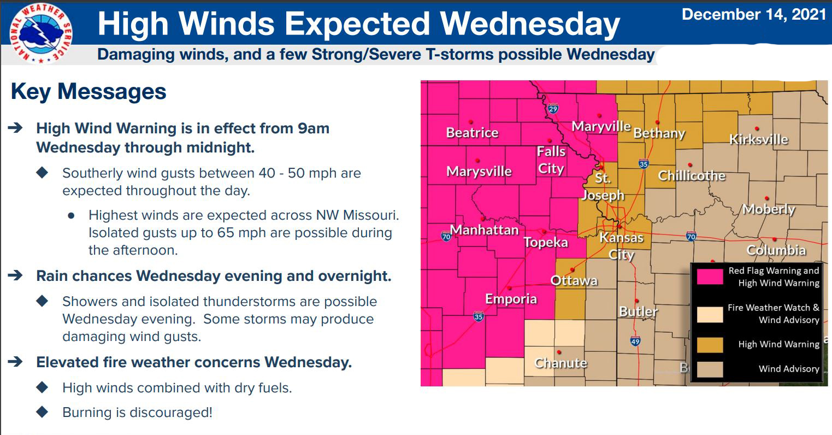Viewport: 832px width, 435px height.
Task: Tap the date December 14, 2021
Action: [753, 15]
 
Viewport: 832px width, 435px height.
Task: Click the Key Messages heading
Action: [88, 91]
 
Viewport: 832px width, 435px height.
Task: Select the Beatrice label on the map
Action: [472, 133]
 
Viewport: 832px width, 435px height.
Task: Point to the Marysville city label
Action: [479, 172]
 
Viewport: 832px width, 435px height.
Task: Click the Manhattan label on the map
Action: [484, 230]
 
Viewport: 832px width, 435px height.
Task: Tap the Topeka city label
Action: [546, 242]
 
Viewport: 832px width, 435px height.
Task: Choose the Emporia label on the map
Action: [511, 299]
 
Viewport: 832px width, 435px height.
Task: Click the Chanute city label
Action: [560, 363]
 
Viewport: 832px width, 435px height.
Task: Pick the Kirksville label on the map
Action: [758, 139]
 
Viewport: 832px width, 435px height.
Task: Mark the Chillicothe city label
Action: [692, 175]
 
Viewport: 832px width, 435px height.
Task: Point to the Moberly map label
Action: [768, 209]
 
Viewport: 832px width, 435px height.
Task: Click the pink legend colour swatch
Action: [710, 277]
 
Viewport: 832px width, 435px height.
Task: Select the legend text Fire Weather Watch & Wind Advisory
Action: [773, 314]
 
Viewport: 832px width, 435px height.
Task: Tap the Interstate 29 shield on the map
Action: [553, 109]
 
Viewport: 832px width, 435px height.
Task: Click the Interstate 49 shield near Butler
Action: [635, 342]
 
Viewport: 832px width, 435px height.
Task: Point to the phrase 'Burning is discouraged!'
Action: [137, 412]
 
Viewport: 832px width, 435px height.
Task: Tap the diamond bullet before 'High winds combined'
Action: [42, 387]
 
